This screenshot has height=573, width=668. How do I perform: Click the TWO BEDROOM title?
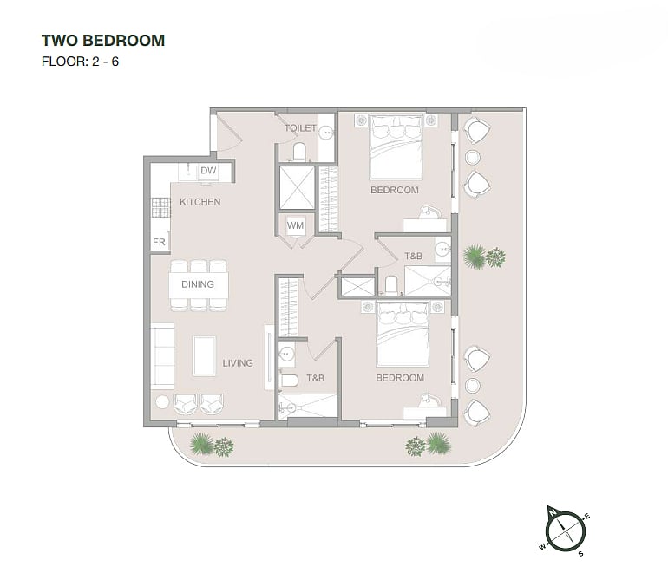coord(103,41)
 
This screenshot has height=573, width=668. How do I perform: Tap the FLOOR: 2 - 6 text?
coord(80,62)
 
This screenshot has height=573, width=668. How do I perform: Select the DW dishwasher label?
coord(208,171)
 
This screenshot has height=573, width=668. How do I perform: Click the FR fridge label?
coord(159,242)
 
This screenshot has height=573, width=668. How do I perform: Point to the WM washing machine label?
coord(295,225)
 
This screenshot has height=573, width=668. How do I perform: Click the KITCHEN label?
coord(200,202)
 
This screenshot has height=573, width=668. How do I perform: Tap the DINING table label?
coord(198,284)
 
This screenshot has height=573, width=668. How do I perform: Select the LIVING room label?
coord(238,363)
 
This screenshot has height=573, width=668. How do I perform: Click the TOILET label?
coord(300,127)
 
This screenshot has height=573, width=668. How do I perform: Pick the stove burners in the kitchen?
coord(161,208)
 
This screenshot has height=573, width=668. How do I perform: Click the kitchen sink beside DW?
coord(188,173)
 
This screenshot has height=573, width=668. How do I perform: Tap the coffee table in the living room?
coord(204,356)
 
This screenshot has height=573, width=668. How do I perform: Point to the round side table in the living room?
coord(162,402)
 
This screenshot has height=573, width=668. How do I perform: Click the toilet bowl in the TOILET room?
coord(299,152)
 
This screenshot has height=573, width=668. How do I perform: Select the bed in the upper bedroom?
coord(396,147)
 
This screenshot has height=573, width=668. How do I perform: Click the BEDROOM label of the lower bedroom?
coord(400,378)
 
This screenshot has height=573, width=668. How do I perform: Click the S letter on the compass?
coord(580,554)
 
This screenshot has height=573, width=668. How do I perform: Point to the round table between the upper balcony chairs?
coord(473,158)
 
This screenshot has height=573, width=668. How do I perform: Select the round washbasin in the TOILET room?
coord(327,133)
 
